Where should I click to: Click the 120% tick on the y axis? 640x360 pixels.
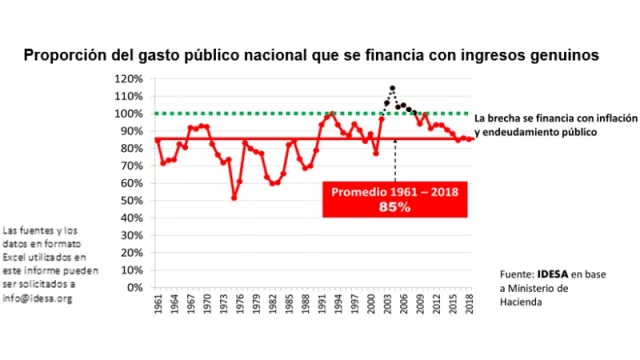(127, 79)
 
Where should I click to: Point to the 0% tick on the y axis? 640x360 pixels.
(133, 287)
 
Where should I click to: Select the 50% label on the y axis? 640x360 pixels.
(130, 200)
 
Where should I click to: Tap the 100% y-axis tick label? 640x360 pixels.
(127, 114)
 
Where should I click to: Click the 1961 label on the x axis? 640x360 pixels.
(158, 306)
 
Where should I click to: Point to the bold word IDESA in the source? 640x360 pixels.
(554, 274)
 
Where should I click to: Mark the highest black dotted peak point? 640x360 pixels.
(392, 89)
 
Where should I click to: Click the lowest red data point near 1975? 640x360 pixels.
(234, 198)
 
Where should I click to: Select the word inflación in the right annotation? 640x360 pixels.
(600, 117)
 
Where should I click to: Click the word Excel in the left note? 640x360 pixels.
(19, 245)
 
